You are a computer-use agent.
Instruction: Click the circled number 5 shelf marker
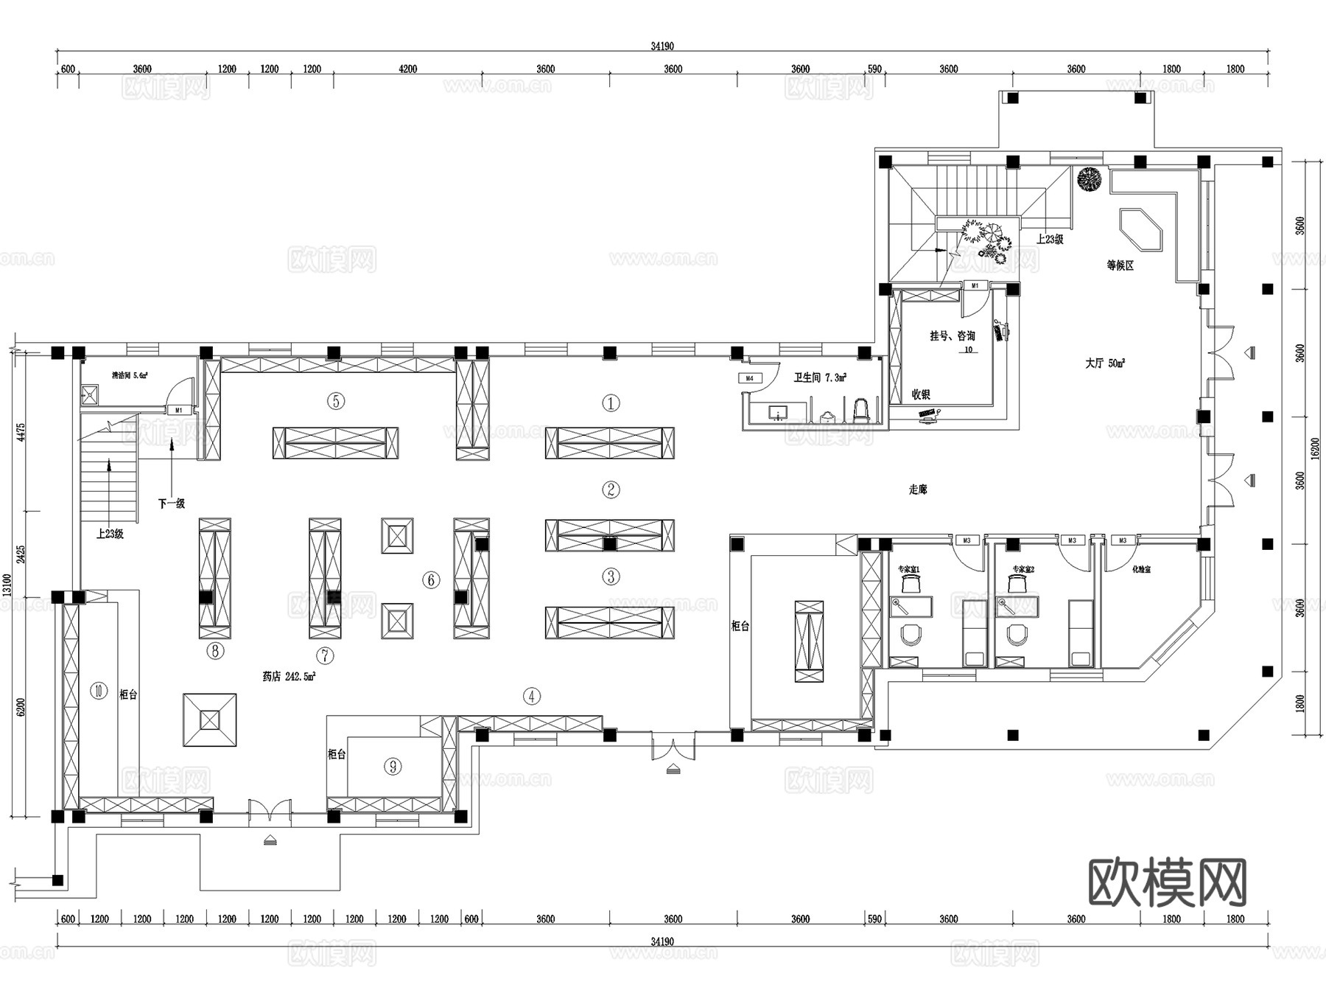click(x=336, y=401)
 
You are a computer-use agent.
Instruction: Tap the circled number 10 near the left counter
click(x=99, y=691)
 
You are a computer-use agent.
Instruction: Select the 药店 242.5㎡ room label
click(x=289, y=676)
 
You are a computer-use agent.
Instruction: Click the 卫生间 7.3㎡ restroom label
click(x=819, y=377)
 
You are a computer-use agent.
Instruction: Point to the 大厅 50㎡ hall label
click(x=1104, y=363)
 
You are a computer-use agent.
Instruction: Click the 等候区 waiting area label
click(x=1120, y=265)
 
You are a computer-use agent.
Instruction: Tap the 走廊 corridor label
click(x=917, y=489)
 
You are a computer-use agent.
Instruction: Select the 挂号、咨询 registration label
click(x=952, y=336)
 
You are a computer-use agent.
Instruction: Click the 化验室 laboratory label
click(x=1141, y=569)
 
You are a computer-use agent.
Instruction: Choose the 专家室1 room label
click(x=908, y=569)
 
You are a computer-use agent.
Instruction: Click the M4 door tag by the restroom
click(x=749, y=378)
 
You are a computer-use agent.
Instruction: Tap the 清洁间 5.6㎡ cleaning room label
click(x=130, y=375)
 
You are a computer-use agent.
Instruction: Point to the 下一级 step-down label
click(x=171, y=504)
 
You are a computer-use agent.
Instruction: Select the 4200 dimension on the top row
click(x=407, y=69)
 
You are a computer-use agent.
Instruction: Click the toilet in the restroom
click(x=860, y=410)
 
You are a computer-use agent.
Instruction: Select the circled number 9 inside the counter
click(x=393, y=767)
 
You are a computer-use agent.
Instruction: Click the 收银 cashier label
click(x=921, y=394)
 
